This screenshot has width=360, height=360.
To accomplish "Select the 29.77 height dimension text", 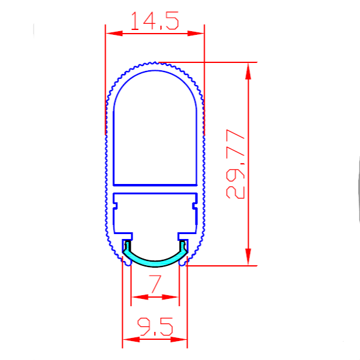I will point(236,164).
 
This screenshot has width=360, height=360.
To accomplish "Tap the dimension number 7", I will point(155,285).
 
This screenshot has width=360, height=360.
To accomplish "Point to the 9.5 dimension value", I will point(155,328).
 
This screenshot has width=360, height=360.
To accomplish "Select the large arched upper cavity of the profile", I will point(155,128).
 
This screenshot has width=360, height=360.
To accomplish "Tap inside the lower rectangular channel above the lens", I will point(155,214).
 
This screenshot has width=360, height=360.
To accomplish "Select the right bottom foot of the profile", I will point(185,263).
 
